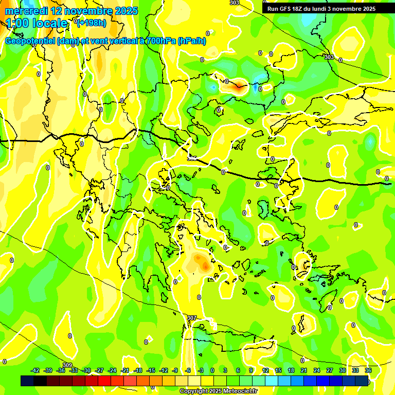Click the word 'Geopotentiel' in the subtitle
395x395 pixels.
click(x=30, y=41)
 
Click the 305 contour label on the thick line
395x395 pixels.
click(x=192, y=158)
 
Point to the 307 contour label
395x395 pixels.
click(x=192, y=318)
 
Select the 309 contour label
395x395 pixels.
click(x=67, y=365)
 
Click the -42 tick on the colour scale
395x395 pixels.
click(x=35, y=370)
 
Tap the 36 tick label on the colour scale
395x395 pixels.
click(x=368, y=370)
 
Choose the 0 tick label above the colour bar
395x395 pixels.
click(x=212, y=370)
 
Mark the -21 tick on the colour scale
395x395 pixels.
click(x=125, y=370)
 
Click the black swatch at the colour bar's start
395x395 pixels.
click(x=27, y=381)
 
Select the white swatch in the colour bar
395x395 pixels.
click(x=194, y=381)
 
